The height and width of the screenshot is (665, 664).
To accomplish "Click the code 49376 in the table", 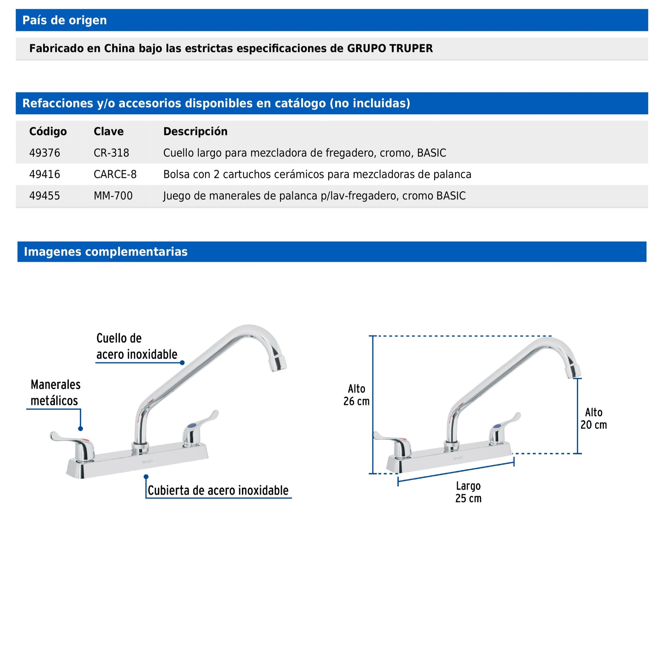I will click(x=45, y=153).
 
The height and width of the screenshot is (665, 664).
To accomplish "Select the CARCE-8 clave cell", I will click(x=115, y=175).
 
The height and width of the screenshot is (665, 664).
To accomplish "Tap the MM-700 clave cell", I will click(x=113, y=196).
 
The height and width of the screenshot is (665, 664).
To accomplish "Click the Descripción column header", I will click(x=195, y=131).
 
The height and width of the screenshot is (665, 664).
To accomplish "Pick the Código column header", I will click(x=48, y=131).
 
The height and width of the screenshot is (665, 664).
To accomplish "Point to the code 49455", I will click(x=45, y=196).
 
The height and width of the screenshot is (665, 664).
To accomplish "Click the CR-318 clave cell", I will click(x=111, y=153).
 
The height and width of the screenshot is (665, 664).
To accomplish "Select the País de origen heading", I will click(x=64, y=20).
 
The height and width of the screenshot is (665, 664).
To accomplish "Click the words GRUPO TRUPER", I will click(x=390, y=49).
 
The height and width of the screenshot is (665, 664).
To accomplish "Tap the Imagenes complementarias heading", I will click(x=105, y=252).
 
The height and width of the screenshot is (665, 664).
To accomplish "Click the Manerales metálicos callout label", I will click(x=55, y=392).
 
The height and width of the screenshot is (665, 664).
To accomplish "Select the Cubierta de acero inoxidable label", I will click(x=218, y=490).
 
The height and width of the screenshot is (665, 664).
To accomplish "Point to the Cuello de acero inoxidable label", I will click(x=136, y=346).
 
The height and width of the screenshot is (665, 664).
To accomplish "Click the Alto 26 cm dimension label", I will click(x=356, y=395).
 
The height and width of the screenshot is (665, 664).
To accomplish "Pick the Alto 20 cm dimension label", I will click(x=593, y=418).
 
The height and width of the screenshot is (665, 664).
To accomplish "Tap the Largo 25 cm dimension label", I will click(x=468, y=492).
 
